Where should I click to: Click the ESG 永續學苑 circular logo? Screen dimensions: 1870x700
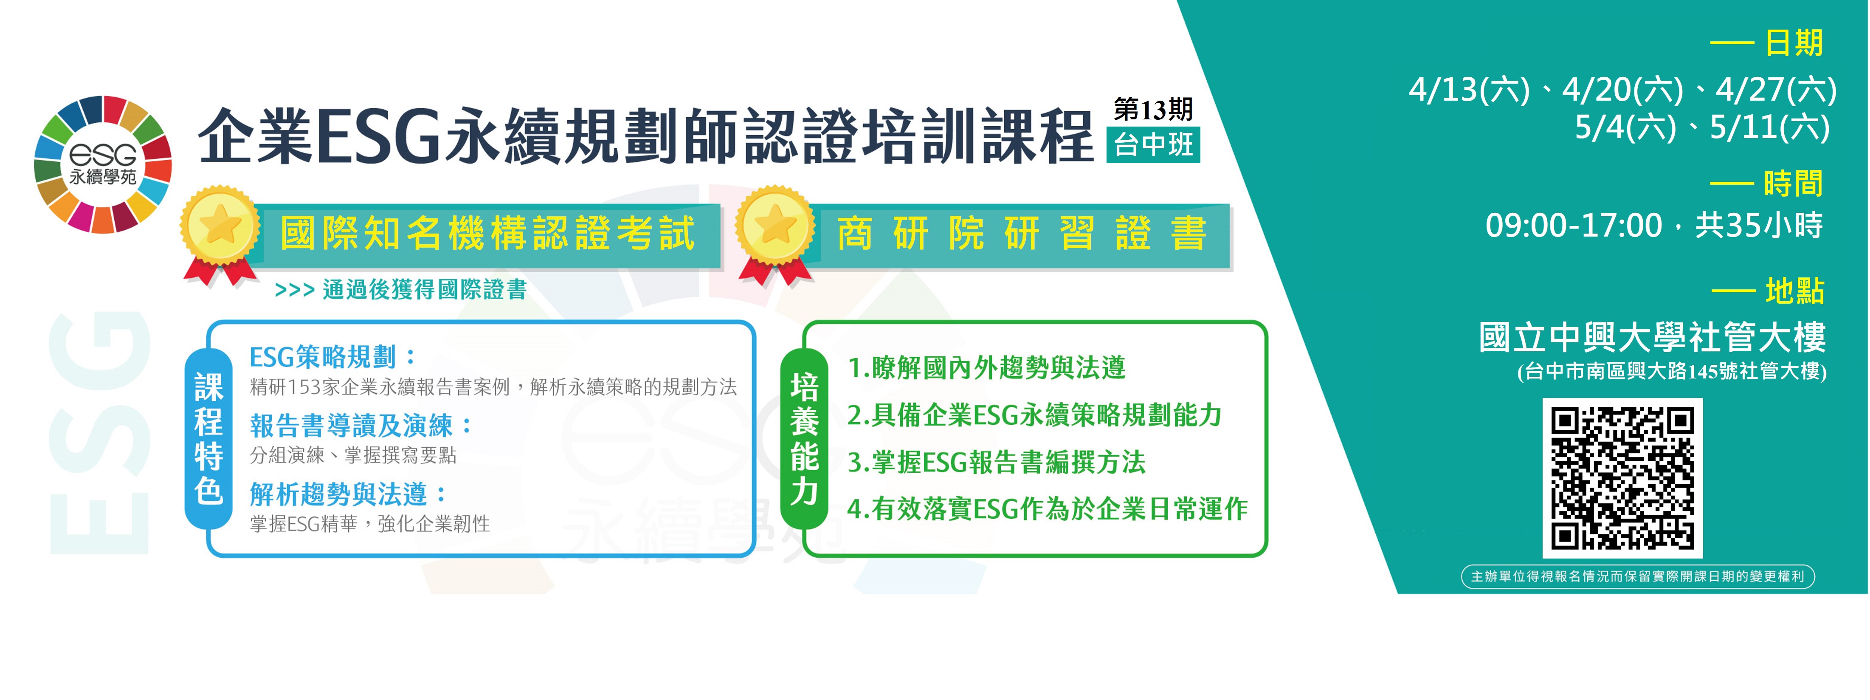point(103,164)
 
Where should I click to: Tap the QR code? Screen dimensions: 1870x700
point(1622,478)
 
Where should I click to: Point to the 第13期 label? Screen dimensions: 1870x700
point(1153,110)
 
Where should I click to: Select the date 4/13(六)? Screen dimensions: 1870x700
point(1469,90)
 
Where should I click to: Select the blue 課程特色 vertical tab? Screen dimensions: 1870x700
point(208,439)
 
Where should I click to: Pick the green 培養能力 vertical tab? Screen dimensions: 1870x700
point(804,439)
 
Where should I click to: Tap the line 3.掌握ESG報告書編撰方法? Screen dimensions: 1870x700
point(996,462)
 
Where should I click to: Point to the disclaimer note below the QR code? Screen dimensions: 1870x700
point(1638,576)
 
